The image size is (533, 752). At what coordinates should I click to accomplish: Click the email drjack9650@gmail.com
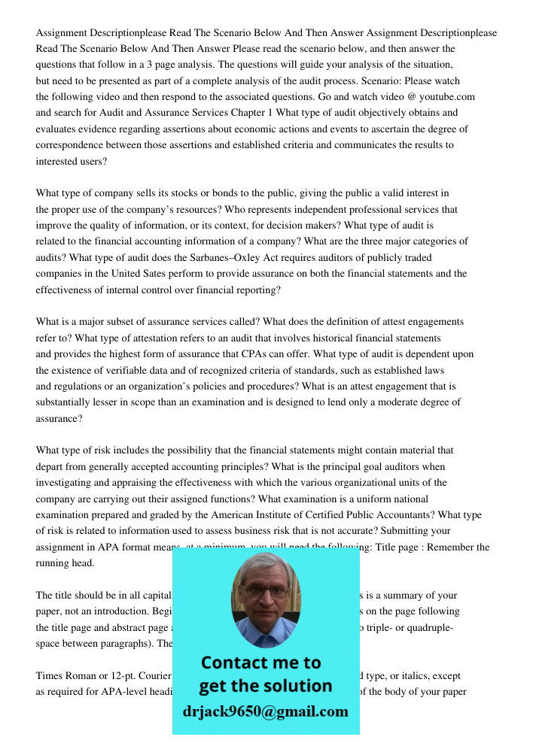coord(266,711)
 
